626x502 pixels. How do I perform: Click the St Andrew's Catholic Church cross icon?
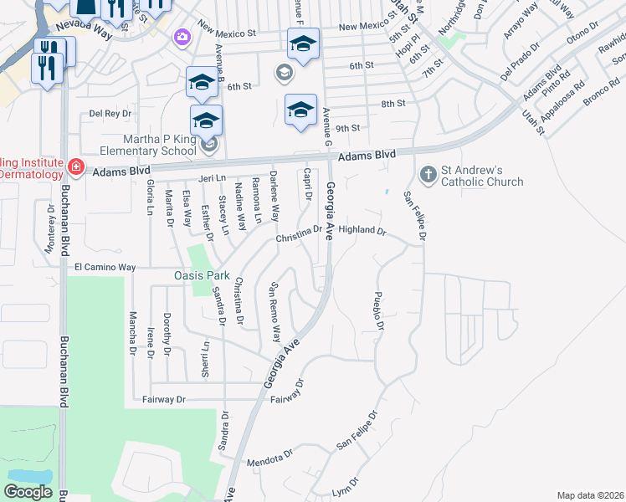(428, 174)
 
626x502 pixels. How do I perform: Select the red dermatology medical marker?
(75, 167)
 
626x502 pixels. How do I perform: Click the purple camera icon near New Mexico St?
(181, 37)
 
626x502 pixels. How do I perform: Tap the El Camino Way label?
(105, 267)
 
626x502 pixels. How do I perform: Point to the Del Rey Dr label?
(110, 113)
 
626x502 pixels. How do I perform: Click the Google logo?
(28, 492)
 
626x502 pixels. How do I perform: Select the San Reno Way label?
(274, 311)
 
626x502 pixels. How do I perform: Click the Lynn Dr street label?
(345, 486)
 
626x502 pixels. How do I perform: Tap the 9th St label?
(347, 128)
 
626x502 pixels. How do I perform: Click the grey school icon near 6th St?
(284, 74)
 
